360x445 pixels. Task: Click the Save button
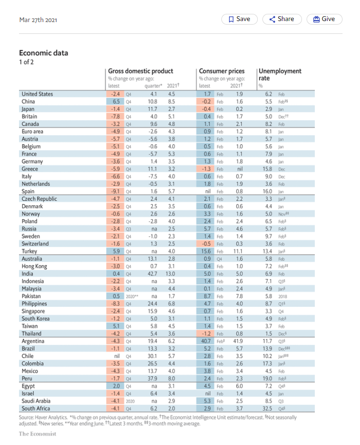(239, 19)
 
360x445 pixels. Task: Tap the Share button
(281, 19)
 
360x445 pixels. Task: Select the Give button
(324, 19)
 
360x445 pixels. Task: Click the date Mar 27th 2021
(38, 20)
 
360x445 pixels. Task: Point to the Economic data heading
(44, 53)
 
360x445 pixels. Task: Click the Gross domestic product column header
(140, 71)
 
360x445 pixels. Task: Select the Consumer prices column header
(221, 71)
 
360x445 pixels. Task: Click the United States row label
(37, 94)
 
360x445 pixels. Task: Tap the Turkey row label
(30, 251)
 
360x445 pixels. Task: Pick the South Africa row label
(36, 409)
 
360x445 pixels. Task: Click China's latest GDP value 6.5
(116, 102)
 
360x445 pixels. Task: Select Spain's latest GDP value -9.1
(115, 191)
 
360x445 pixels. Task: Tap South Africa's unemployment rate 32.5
(267, 409)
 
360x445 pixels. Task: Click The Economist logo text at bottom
(37, 434)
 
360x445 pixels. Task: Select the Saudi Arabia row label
(36, 401)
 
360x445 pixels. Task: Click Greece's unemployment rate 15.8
(267, 169)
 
